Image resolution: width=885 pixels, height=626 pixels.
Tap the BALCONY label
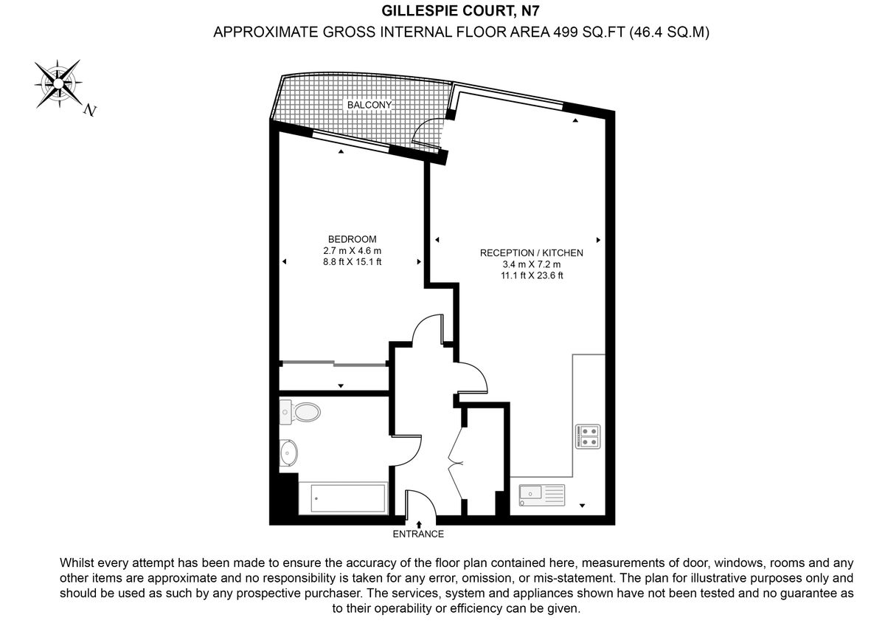point(369,106)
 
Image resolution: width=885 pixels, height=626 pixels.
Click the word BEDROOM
point(352,239)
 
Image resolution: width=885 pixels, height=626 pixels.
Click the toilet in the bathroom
point(302,412)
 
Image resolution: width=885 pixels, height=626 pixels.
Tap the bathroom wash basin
point(288,453)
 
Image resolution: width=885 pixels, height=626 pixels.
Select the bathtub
point(342,499)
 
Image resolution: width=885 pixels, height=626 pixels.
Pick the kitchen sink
point(541,495)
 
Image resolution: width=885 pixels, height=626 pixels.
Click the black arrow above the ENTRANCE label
point(419,523)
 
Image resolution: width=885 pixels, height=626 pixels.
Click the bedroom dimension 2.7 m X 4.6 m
point(352,250)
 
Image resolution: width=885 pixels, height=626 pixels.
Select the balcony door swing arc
point(425,134)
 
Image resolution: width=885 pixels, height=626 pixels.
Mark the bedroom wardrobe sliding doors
point(334,363)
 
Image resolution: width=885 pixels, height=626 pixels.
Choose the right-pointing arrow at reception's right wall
point(598,240)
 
